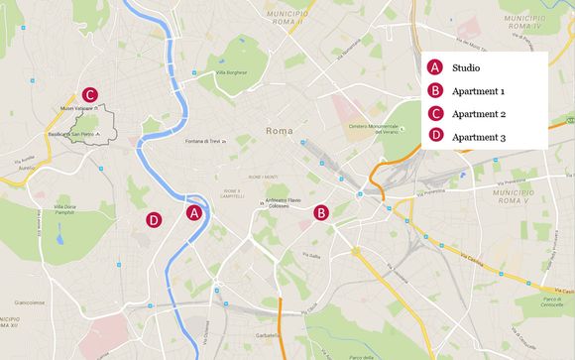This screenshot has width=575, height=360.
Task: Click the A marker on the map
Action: click(194, 212)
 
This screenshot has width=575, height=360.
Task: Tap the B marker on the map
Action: click(321, 212)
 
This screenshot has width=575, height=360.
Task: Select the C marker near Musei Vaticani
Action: click(90, 95)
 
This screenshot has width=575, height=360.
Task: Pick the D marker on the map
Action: click(154, 220)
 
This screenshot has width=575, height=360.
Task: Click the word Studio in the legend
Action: click(466, 68)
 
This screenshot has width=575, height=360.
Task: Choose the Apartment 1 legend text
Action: click(478, 91)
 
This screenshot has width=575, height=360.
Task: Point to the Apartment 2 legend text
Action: click(478, 114)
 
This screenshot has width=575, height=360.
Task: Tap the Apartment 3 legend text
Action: click(478, 137)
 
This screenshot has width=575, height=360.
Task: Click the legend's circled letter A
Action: click(435, 68)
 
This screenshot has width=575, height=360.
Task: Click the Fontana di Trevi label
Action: click(208, 141)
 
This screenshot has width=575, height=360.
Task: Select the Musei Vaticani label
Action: click(82, 108)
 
